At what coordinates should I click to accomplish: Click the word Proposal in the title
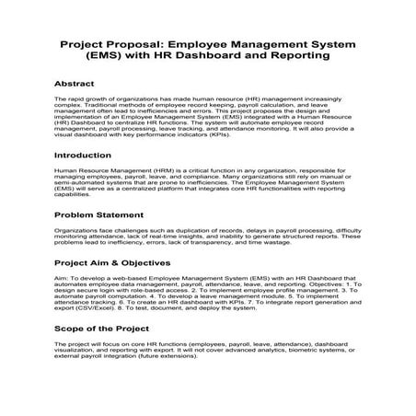141,42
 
